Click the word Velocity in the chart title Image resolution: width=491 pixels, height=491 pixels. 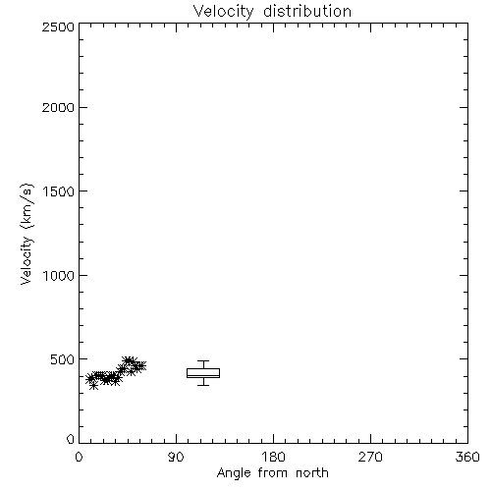click(x=224, y=12)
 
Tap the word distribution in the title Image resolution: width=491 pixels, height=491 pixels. click(x=307, y=11)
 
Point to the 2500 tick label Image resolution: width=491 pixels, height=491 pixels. click(x=58, y=27)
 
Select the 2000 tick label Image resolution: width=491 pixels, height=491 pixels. click(x=58, y=107)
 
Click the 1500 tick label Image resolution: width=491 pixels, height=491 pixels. click(x=59, y=191)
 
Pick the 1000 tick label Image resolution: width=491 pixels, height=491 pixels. click(x=59, y=275)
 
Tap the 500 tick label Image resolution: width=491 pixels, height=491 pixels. click(x=62, y=359)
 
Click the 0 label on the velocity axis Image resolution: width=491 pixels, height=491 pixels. click(x=71, y=439)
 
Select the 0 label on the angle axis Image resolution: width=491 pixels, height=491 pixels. click(x=79, y=457)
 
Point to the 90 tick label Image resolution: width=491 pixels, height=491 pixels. click(x=176, y=457)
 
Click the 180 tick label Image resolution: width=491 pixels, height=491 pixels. click(x=273, y=457)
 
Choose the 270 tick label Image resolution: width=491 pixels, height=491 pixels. click(x=370, y=457)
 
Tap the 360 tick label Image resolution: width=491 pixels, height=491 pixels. click(x=467, y=457)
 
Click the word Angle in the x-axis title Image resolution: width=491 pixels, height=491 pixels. click(x=234, y=473)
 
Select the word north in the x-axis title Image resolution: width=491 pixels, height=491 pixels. click(x=312, y=472)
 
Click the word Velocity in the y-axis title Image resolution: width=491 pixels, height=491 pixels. click(x=27, y=260)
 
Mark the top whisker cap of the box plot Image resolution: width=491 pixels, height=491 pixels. click(x=203, y=361)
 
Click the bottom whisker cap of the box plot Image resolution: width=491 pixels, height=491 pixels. click(x=203, y=385)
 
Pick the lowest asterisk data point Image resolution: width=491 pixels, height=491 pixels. click(x=94, y=386)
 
